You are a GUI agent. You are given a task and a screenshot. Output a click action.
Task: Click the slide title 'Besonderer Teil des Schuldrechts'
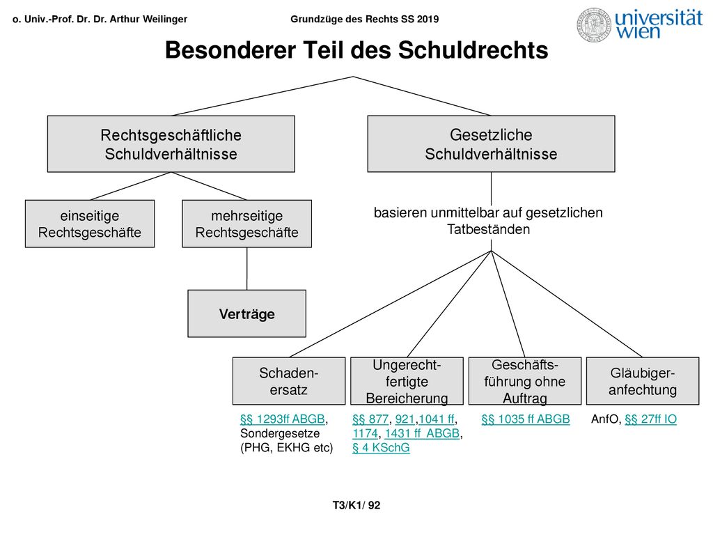(356, 50)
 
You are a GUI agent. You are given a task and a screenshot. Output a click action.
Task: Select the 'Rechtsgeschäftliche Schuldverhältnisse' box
(171, 144)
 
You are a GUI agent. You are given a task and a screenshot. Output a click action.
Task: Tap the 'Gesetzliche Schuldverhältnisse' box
(491, 144)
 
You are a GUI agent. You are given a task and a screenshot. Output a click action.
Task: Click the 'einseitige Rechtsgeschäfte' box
(90, 224)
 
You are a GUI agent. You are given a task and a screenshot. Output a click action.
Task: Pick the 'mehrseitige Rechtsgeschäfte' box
(247, 224)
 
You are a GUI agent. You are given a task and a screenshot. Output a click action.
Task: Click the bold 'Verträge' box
(247, 313)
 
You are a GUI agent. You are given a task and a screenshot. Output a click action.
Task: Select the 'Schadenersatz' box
(289, 381)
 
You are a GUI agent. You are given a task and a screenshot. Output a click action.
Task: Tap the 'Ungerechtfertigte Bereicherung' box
(407, 381)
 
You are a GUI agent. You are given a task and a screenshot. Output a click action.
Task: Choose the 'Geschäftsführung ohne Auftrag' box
(525, 381)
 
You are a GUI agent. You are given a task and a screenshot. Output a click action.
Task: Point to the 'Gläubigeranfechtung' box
(643, 381)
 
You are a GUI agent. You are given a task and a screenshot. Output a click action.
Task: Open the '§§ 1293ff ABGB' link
(283, 419)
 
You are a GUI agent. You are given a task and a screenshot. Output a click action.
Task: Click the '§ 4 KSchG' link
(381, 448)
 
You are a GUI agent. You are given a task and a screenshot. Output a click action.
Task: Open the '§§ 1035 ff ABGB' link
(526, 419)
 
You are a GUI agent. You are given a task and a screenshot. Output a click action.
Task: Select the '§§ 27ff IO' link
(651, 419)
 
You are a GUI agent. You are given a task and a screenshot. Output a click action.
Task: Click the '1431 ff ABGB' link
(422, 433)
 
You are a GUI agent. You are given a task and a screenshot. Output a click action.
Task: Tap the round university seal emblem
(594, 25)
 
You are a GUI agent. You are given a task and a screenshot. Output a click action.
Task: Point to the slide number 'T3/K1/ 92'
(356, 506)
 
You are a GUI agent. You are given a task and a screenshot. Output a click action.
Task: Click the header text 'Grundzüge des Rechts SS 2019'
(365, 19)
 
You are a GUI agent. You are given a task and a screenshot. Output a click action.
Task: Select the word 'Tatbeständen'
(488, 229)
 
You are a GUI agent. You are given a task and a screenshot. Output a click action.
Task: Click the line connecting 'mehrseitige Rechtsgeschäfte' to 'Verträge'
(247, 269)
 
